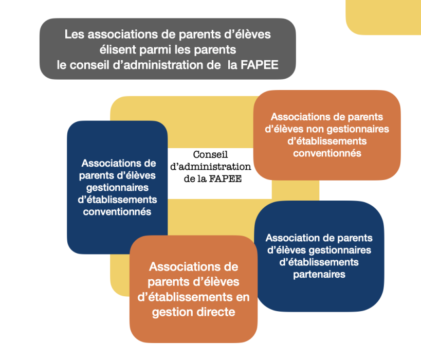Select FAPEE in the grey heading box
pyautogui.click(x=260, y=65)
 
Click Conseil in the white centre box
pyautogui.click(x=210, y=154)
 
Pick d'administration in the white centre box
pyautogui.click(x=211, y=167)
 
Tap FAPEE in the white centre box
pyautogui.click(x=225, y=178)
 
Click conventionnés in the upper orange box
pyautogui.click(x=327, y=153)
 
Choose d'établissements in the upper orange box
pyautogui.click(x=327, y=141)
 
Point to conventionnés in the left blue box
pyautogui.click(x=117, y=212)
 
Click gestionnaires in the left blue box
pyautogui.click(x=117, y=188)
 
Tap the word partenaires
pyautogui.click(x=319, y=275)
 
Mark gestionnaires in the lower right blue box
pyautogui.click(x=340, y=250)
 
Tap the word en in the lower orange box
pyautogui.click(x=243, y=297)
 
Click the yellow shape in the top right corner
pyautogui.click(x=383, y=17)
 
